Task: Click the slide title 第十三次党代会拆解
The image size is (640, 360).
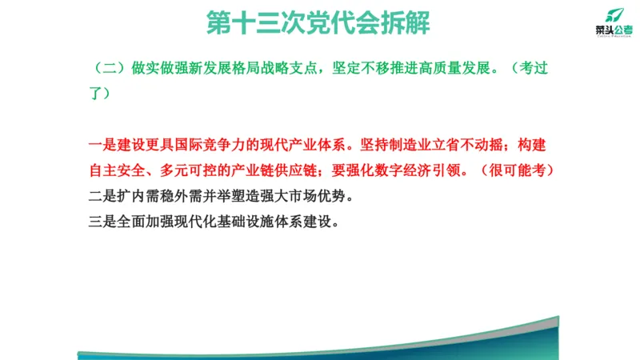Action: (318, 22)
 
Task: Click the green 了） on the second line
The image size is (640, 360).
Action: (98, 93)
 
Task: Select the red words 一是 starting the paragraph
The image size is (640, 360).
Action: (99, 146)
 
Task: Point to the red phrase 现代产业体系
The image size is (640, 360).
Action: (303, 146)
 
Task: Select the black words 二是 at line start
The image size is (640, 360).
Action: (99, 196)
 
